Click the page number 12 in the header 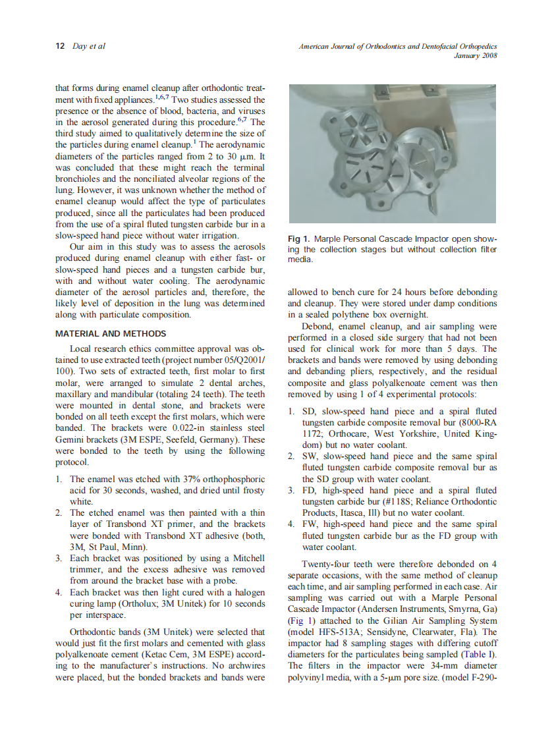pos(60,46)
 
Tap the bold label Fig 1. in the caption pos(300,238)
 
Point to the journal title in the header pos(398,46)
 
